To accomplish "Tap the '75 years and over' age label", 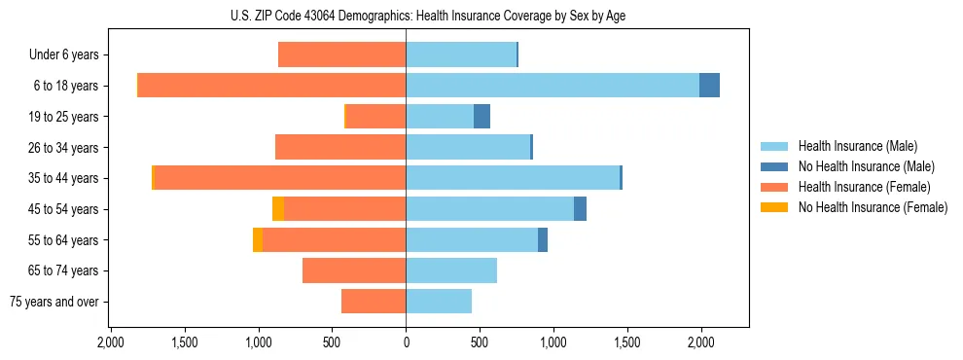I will coord(54,302).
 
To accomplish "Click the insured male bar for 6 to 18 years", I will coord(552,86).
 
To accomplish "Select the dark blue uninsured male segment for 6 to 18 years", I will coord(709,86).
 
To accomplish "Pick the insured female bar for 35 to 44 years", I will coord(279,178).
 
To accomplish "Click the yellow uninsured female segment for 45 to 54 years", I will coord(278,209).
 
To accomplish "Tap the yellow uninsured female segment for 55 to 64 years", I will coord(258,239).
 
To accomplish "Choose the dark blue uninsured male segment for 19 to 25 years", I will coord(481,117).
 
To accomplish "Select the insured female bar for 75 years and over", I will coord(374,302).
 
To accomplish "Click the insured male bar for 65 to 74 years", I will coord(451,270).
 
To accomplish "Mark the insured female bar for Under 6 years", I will coord(341,55).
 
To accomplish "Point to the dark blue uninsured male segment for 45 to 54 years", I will coord(580,209).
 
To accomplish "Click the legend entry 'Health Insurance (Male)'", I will coord(857,146).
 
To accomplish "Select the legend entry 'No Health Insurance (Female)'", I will coord(872,207).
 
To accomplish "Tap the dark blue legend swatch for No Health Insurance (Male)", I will coord(774,166).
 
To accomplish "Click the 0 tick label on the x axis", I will coord(406,342).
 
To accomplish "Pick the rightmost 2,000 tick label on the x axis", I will coord(700,342).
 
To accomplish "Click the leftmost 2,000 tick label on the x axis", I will coord(111,342).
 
